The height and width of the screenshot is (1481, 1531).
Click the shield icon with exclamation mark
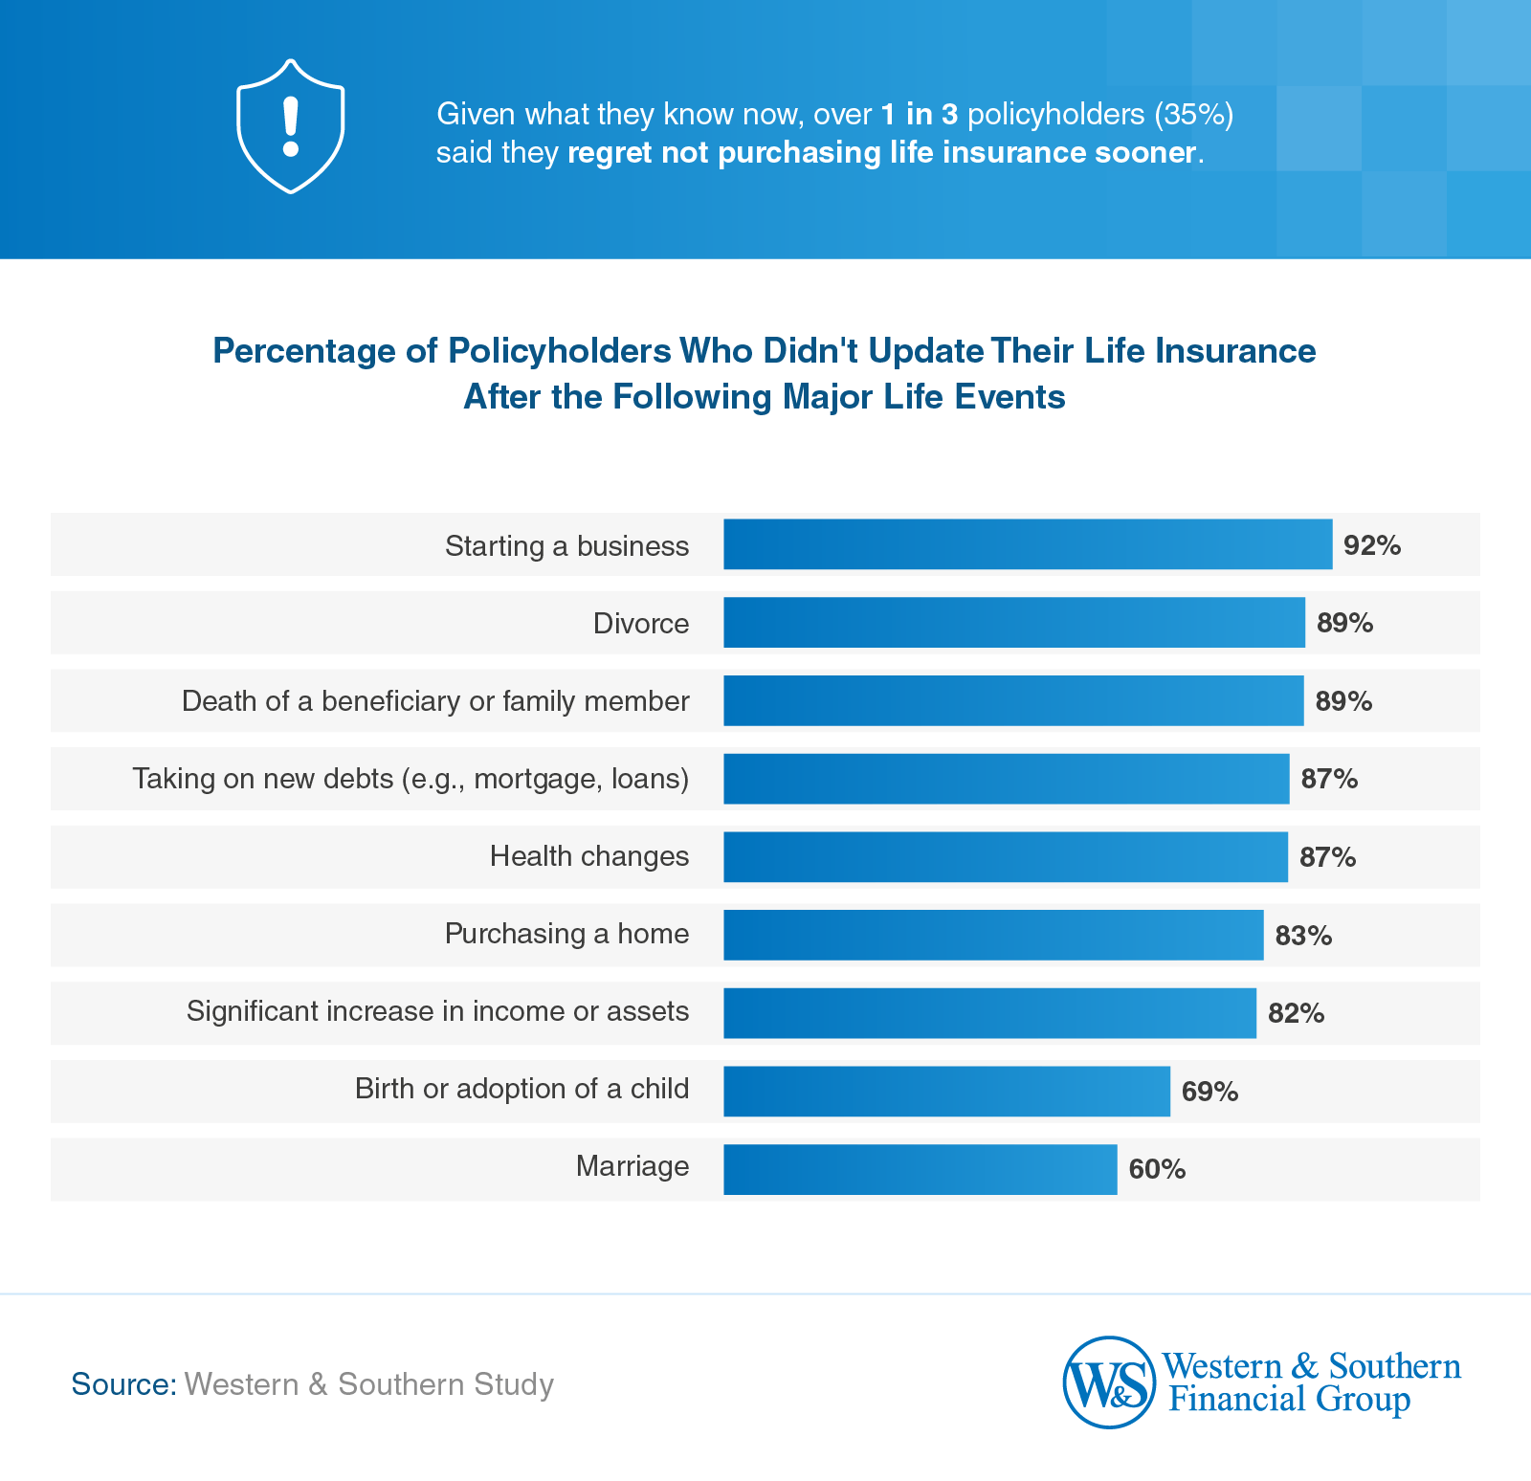290,126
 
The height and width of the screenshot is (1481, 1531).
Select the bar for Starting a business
1027,544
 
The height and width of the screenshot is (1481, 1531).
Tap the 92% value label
1372,545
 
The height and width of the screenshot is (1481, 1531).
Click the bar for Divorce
1013,623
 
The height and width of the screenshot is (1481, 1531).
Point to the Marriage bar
920,1169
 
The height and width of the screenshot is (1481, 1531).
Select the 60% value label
1157,1169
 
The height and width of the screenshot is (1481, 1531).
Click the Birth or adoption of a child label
521,1089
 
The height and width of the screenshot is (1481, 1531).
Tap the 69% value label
1209,1092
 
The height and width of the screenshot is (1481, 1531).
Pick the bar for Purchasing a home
992,935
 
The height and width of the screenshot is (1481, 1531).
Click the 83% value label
1303,936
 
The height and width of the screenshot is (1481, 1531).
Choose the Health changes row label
588,856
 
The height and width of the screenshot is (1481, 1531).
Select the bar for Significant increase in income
989,1013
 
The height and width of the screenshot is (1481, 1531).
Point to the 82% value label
1296,1013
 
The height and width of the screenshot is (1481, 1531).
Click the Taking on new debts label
410,779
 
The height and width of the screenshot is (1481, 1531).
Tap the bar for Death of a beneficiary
1012,700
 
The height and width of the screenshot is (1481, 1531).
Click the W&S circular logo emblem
1109,1382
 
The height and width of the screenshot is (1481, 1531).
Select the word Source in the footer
123,1384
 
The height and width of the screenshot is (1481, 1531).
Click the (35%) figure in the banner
1194,114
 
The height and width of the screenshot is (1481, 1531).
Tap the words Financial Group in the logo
1289,1400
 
